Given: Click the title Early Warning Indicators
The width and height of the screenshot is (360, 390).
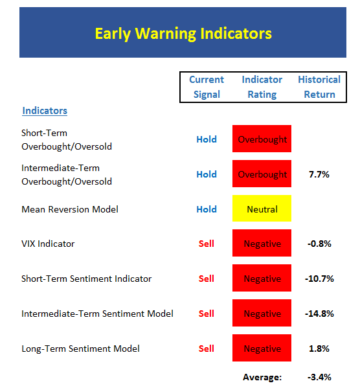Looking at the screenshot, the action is tap(183, 34).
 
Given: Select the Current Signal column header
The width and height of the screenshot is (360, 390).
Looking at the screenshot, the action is tap(207, 87).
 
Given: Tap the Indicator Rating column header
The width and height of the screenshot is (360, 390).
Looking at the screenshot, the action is tap(262, 87).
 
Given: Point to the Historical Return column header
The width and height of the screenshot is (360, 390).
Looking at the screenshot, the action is tap(319, 87).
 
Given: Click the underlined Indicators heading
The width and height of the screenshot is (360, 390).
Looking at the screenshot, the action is tap(45, 111).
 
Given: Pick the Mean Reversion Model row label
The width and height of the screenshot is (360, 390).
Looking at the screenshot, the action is tap(70, 209).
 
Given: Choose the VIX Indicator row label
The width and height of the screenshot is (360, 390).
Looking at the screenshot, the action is tap(48, 244).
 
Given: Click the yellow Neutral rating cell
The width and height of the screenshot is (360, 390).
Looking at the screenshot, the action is tap(262, 208).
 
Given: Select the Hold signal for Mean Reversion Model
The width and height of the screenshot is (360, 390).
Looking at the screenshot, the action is tap(207, 209).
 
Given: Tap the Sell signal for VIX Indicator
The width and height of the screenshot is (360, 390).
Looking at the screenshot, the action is tap(207, 244).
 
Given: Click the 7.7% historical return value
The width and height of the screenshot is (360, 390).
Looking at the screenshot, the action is tap(319, 174).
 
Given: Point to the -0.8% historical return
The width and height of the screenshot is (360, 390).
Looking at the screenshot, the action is tap(319, 244).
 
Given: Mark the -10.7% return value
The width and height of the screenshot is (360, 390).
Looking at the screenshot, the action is tap(319, 279).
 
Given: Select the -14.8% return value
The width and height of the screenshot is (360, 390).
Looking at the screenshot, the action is tap(319, 314).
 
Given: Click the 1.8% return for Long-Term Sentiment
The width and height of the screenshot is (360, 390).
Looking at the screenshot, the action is tap(319, 349).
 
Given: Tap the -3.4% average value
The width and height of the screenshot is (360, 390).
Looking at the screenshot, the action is tap(319, 377).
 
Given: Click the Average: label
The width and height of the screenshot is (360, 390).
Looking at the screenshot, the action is tap(262, 377).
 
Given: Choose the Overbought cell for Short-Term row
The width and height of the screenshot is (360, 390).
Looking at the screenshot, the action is tap(262, 139).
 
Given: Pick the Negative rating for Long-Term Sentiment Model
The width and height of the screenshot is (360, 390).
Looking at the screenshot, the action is tap(262, 348).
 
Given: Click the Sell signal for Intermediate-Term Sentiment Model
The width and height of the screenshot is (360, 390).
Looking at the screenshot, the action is tap(207, 314).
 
